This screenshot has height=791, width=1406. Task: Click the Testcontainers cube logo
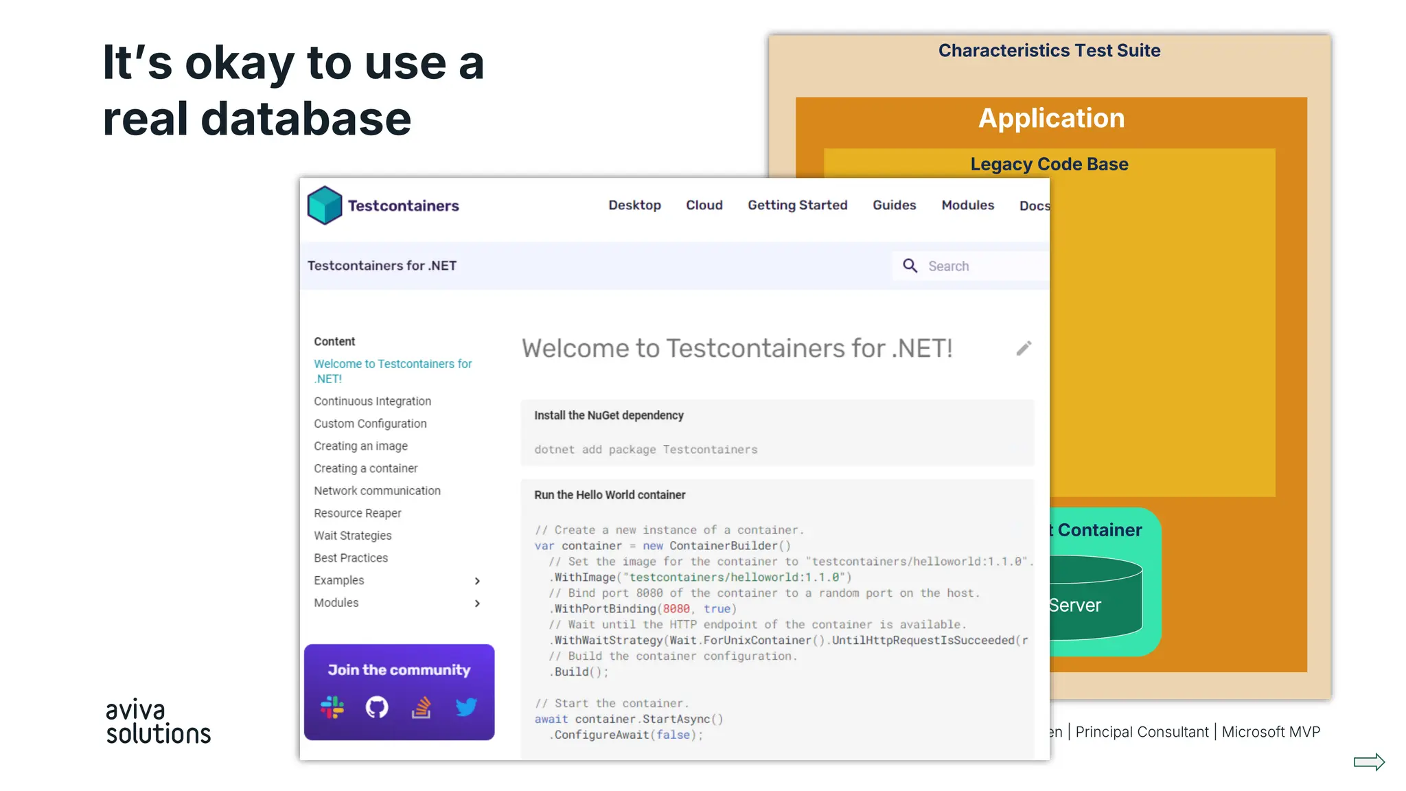tap(325, 205)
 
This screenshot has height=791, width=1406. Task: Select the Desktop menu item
tap(634, 205)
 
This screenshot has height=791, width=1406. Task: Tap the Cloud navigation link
tap(704, 205)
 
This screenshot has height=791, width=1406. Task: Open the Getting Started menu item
tap(797, 205)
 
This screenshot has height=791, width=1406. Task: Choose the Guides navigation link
tap(894, 205)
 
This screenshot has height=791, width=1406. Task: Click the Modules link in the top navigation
tap(967, 205)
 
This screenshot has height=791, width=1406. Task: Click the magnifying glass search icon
tap(910, 266)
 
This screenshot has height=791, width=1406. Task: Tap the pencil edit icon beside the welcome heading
tap(1024, 349)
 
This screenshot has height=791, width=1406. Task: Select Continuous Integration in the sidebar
tap(372, 401)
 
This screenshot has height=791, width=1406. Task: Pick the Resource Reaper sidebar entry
tap(357, 513)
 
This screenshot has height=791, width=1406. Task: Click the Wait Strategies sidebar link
tap(352, 536)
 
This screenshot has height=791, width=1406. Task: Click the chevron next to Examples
tap(477, 581)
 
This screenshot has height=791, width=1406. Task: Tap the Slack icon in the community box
tap(332, 707)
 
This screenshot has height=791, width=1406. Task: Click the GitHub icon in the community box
tap(377, 707)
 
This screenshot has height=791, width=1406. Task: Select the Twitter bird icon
tap(466, 707)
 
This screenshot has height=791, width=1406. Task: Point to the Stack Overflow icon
tap(422, 707)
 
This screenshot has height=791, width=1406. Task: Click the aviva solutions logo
tap(158, 722)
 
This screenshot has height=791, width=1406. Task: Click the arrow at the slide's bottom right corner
tap(1369, 761)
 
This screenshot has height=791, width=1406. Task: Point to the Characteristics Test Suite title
tap(1049, 51)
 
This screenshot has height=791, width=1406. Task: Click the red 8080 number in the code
tap(676, 609)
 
